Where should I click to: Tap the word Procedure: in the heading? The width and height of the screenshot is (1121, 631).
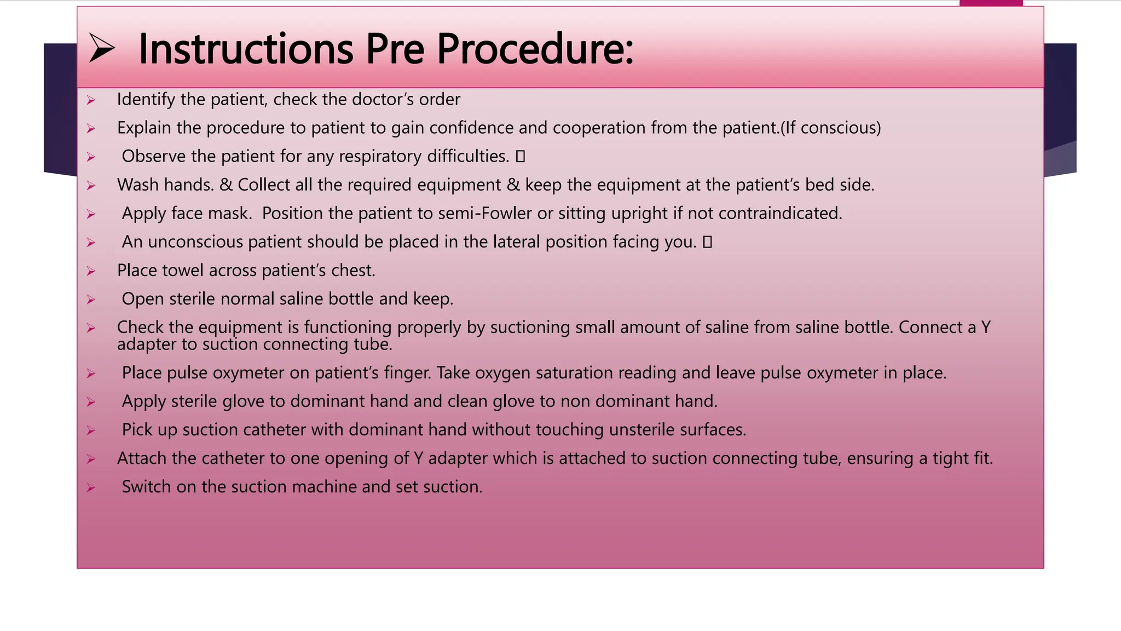tap(535, 49)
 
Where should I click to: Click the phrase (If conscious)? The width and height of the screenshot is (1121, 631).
tap(830, 128)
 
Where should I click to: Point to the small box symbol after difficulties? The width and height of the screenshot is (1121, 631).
tap(520, 157)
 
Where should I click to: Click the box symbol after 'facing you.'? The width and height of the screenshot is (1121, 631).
tap(707, 242)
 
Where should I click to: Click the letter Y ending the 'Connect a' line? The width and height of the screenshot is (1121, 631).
tap(985, 328)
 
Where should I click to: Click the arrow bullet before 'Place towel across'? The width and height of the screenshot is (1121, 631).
tap(91, 271)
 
